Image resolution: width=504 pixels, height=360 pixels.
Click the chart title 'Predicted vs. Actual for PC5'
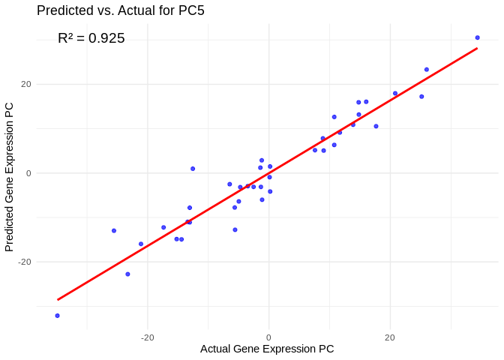click(120, 10)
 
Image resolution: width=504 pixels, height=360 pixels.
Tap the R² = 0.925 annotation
click(91, 38)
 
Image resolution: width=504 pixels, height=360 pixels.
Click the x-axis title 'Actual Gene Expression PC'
click(267, 349)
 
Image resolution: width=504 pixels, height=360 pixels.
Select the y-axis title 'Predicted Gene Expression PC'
click(10, 177)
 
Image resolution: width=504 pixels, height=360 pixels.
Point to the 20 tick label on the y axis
click(26, 84)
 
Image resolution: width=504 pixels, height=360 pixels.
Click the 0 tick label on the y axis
click(28, 173)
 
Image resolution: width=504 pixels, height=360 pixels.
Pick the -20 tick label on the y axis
click(25, 262)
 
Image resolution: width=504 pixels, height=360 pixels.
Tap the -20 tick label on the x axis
click(147, 337)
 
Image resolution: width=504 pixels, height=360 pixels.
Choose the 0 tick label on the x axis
click(268, 337)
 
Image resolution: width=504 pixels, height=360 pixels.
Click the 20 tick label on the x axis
click(390, 337)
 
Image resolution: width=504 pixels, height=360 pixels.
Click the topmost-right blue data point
click(477, 37)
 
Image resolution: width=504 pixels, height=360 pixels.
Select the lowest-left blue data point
click(57, 316)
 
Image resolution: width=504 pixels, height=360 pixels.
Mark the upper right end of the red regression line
click(477, 48)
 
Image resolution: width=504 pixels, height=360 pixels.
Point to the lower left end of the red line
click(58, 300)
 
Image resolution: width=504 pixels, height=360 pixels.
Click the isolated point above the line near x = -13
click(193, 169)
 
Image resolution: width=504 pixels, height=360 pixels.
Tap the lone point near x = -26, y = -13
click(114, 230)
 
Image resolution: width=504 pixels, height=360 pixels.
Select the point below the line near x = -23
click(127, 274)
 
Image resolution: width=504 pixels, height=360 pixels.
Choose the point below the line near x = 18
click(376, 126)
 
